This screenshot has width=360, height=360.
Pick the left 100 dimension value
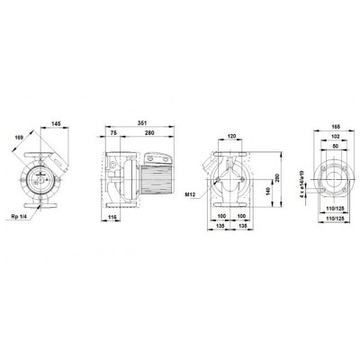221,216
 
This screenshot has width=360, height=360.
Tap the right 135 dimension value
243,227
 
